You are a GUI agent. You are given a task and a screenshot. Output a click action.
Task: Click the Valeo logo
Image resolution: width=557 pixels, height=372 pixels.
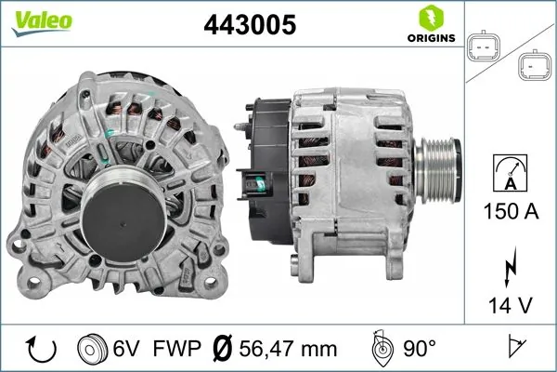(x=32, y=21)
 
